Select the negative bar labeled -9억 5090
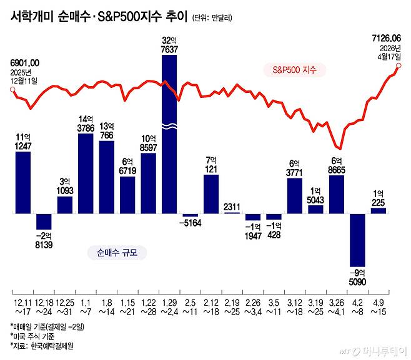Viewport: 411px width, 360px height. point(357,240)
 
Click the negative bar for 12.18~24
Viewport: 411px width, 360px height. point(44,221)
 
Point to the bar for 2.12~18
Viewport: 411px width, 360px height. point(211,194)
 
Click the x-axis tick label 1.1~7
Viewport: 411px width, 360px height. point(86,306)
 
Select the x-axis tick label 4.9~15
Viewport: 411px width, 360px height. point(378,306)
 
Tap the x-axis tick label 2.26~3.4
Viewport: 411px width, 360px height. point(252,306)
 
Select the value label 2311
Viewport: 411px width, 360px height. point(232,207)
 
